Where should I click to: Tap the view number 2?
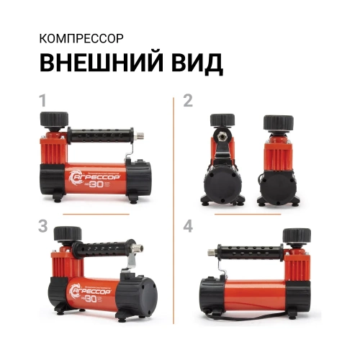tap(188, 102)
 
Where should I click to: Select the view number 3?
tap(44, 227)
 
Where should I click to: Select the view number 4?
tap(188, 227)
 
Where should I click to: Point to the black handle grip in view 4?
tap(251, 256)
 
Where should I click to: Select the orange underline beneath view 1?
tap(95, 214)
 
